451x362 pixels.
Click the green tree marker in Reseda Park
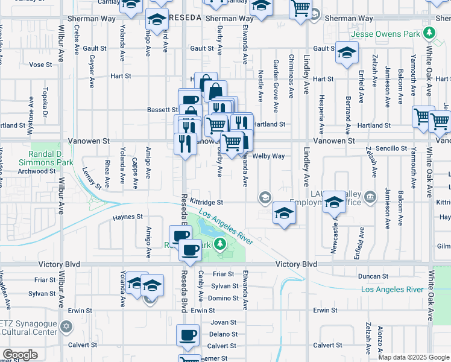click(x=221, y=244)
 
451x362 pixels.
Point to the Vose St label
click(x=40, y=65)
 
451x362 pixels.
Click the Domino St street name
click(x=224, y=298)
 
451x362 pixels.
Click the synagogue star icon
click(x=67, y=327)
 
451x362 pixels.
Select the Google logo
click(x=20, y=355)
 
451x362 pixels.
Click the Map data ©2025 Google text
click(x=414, y=357)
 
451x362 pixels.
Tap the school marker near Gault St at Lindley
click(x=347, y=52)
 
